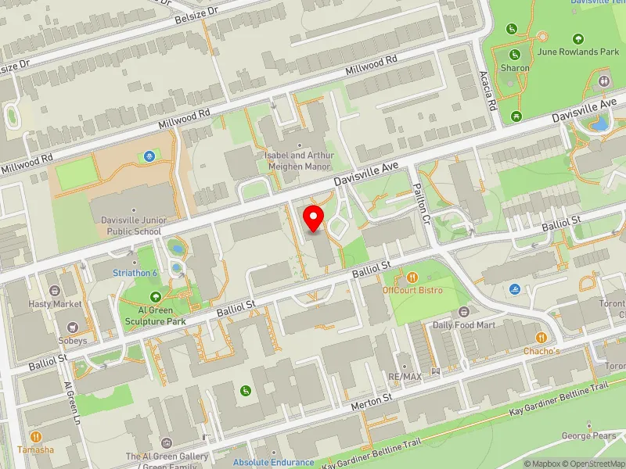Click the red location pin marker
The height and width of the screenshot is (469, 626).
(314, 219)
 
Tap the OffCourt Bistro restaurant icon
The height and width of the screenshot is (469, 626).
(412, 277)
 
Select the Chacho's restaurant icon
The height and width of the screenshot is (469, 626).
(541, 338)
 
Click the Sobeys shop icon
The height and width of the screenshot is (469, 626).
(73, 328)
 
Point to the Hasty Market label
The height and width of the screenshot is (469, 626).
(55, 303)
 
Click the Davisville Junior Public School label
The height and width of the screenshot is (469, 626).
(131, 226)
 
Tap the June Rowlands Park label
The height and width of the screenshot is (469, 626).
(578, 52)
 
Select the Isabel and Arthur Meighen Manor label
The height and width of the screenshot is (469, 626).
(299, 160)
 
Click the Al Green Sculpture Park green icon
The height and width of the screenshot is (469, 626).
(156, 296)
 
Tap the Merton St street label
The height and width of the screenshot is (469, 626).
(372, 399)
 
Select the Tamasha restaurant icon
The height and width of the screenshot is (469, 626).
(35, 437)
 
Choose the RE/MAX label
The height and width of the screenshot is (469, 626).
(404, 376)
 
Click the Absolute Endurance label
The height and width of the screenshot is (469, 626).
(273, 463)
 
